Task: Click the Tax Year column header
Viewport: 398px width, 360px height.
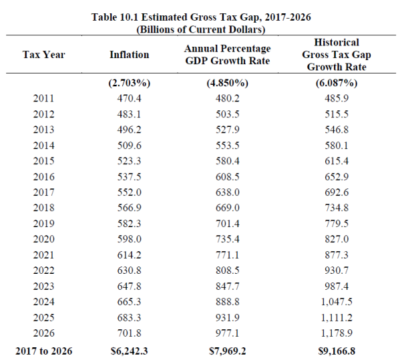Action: point(43,55)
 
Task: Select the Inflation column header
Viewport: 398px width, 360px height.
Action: point(129,55)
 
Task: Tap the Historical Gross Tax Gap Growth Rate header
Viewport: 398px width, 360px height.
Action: point(337,55)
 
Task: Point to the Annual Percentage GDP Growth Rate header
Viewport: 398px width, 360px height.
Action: point(228,55)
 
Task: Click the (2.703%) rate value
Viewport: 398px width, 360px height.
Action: point(129,83)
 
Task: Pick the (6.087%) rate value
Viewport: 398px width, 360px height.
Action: point(337,83)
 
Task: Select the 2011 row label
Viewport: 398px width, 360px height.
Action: point(43,98)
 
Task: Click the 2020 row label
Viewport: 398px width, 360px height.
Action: point(43,239)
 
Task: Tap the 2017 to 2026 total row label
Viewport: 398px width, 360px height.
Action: point(43,351)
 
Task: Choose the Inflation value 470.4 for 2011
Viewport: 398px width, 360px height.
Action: point(129,98)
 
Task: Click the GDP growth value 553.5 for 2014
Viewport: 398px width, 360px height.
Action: point(228,146)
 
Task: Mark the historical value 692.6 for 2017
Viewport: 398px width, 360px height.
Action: point(337,192)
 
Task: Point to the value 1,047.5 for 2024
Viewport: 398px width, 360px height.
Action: point(337,302)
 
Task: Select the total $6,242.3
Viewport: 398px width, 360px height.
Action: point(129,351)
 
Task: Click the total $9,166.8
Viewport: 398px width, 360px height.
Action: point(337,351)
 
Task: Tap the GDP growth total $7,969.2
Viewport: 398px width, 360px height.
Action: point(228,351)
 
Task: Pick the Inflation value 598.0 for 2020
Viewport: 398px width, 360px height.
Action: point(129,239)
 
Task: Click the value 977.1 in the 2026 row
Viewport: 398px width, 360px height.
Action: point(228,333)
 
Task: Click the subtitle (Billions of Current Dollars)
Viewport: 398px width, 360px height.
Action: point(201,29)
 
